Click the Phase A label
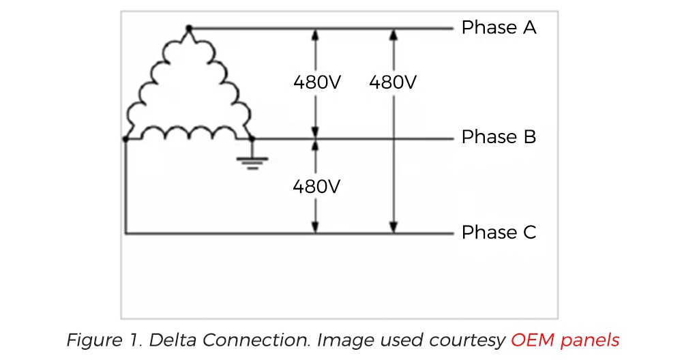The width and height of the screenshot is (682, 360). click(x=499, y=28)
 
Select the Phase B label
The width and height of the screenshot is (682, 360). click(x=499, y=137)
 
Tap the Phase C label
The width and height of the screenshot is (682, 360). click(x=499, y=232)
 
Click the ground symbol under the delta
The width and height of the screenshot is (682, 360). click(x=253, y=161)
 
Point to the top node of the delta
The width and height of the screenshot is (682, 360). click(x=189, y=28)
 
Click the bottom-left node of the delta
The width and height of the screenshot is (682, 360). click(x=125, y=138)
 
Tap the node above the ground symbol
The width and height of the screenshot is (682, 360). click(x=253, y=138)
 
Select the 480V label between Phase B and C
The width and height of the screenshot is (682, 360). click(x=316, y=186)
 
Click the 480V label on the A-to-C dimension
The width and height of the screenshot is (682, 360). click(x=393, y=82)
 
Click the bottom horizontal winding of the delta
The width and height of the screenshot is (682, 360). click(x=189, y=131)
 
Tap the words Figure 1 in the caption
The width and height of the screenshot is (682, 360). click(x=95, y=339)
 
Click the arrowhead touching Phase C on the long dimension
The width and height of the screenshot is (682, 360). click(x=393, y=227)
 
